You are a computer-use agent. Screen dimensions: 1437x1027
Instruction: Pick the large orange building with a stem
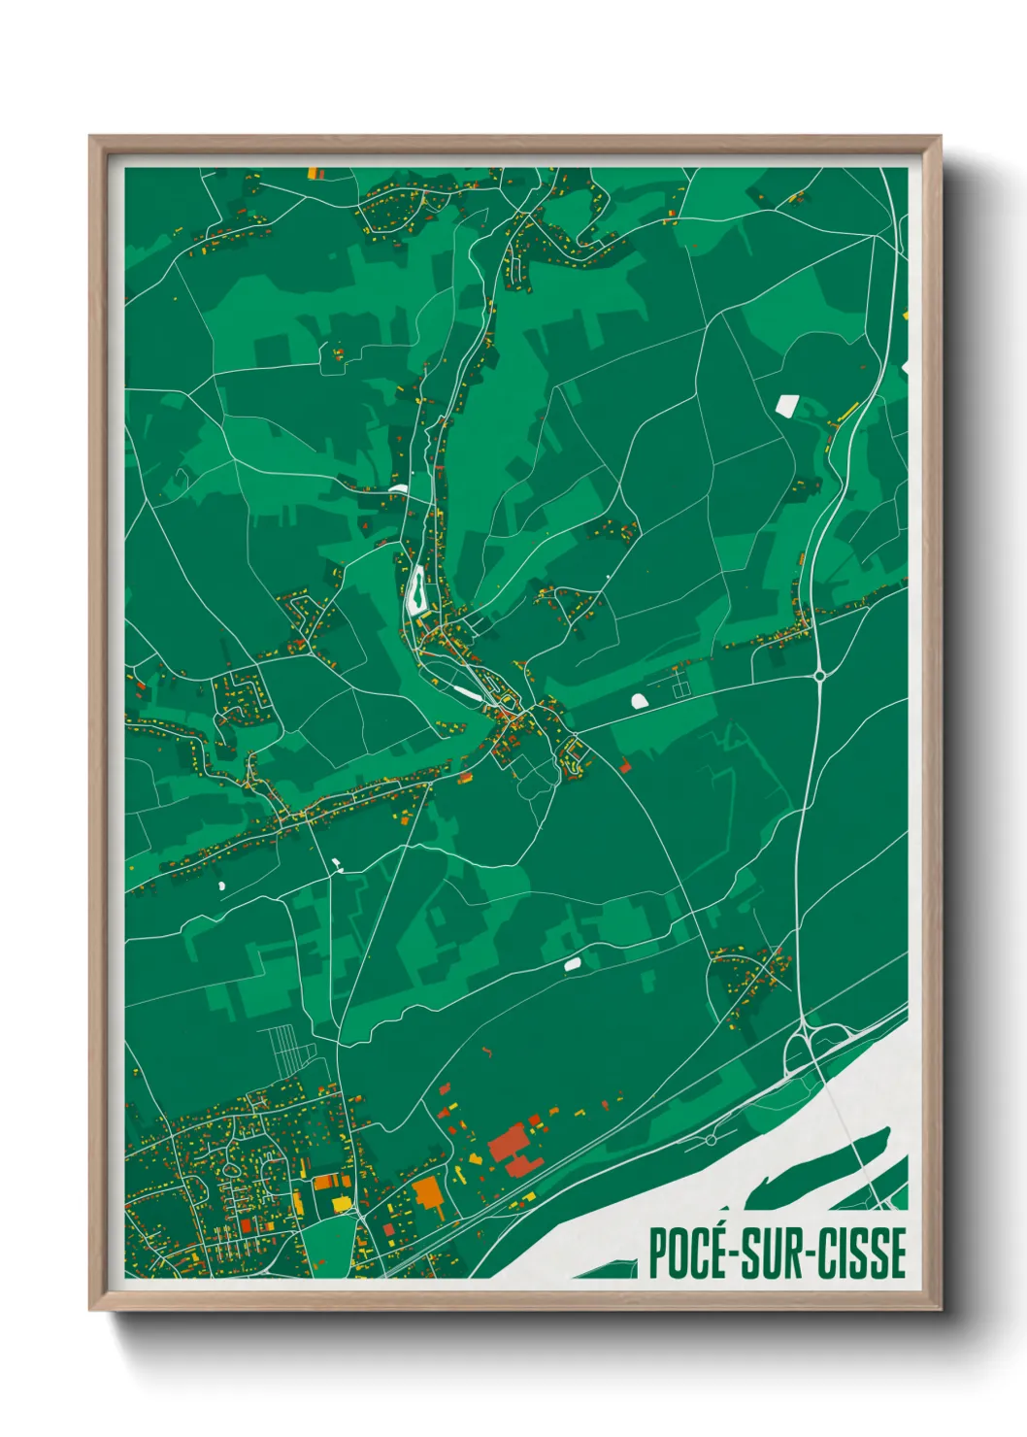pyautogui.click(x=428, y=1193)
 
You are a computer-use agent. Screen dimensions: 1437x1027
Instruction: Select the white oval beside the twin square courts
pyautogui.click(x=639, y=700)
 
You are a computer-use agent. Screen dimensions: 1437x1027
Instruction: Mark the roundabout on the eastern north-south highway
pyautogui.click(x=820, y=674)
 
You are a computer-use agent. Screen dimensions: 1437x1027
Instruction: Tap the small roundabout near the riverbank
pyautogui.click(x=712, y=1139)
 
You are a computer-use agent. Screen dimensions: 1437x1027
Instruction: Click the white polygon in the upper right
pyautogui.click(x=785, y=404)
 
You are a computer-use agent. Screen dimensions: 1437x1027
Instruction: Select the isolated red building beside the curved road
pyautogui.click(x=624, y=767)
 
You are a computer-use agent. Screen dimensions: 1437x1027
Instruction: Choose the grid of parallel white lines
pyautogui.click(x=286, y=1051)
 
